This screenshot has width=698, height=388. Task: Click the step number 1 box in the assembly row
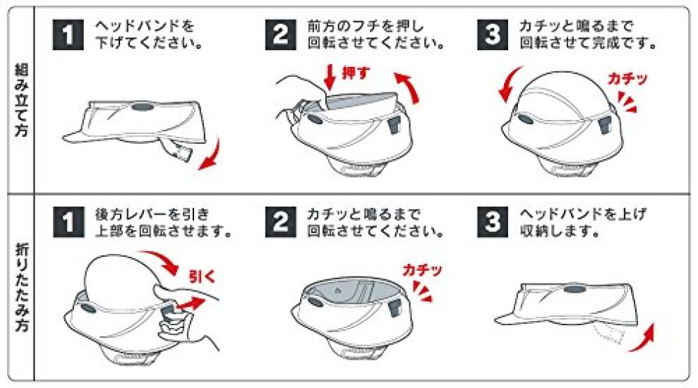[x=68, y=35]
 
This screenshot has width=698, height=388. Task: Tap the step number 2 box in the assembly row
[x=280, y=35]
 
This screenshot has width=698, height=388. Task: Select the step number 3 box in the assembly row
[x=493, y=35]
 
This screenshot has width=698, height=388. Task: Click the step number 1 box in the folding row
[x=68, y=222]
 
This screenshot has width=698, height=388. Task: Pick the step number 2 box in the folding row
[x=280, y=222]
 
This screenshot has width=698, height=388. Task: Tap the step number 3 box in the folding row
[x=493, y=222]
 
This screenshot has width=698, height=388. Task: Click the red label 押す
[x=356, y=73]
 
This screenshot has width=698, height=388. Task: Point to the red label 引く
[x=202, y=277]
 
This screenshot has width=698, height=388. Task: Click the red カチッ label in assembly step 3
[x=627, y=79]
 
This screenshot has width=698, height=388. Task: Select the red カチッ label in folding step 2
[x=422, y=269]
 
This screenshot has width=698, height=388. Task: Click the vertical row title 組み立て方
[x=21, y=99]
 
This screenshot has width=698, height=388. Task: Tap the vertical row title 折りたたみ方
[x=21, y=287]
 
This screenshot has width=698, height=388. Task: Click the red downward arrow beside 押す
[x=330, y=77]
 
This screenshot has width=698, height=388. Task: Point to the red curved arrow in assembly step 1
[x=212, y=156]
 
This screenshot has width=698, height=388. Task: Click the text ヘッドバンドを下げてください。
[x=149, y=35]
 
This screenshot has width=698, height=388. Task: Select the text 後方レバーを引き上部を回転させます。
[x=163, y=222]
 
